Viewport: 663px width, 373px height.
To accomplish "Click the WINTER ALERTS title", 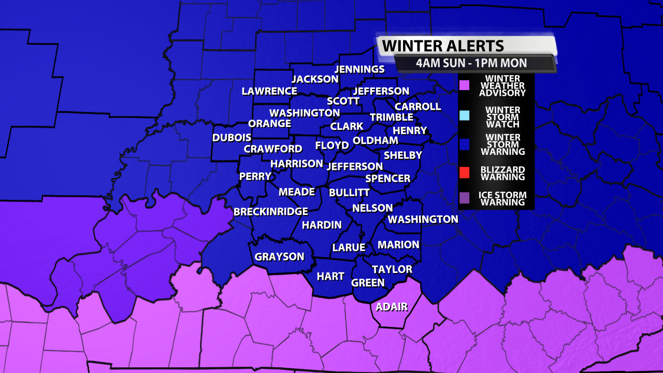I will [x=443, y=46].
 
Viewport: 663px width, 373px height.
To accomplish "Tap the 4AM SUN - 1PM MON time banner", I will [x=471, y=63].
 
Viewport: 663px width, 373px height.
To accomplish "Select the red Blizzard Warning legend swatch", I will [x=465, y=173].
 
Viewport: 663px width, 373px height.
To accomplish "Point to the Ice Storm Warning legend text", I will [x=503, y=199].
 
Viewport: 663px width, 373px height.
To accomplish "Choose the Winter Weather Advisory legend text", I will [x=502, y=86].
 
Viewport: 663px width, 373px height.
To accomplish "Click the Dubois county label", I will [x=232, y=138].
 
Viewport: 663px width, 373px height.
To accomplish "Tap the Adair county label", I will [x=392, y=307].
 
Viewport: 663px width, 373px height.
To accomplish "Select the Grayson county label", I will [x=279, y=256].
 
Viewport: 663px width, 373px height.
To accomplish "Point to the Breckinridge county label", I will [x=270, y=211].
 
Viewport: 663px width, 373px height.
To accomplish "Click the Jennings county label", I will [x=359, y=69].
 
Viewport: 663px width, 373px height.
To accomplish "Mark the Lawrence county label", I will [x=269, y=91].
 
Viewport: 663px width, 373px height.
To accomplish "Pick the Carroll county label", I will [x=417, y=106].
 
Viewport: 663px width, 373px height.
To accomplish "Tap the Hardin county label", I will [x=322, y=225].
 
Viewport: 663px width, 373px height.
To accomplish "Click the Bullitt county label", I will [x=349, y=192].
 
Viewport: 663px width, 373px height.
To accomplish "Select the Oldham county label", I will [x=376, y=140].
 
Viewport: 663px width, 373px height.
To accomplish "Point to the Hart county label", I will [x=330, y=276].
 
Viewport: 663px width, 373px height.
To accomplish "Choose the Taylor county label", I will [x=392, y=269].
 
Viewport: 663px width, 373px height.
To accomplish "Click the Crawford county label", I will [x=272, y=149].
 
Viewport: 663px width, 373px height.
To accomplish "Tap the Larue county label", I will [x=349, y=248].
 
